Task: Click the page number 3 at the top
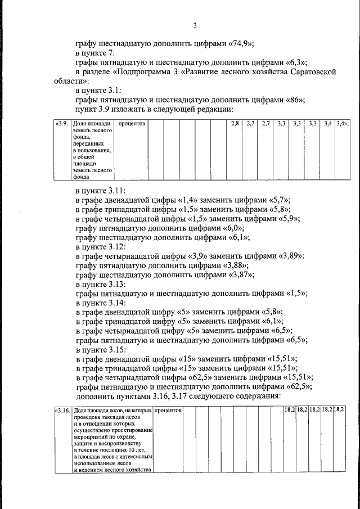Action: tap(195, 25)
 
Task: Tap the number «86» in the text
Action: tap(294, 100)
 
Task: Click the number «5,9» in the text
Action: tap(286, 218)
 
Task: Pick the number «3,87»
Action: tap(240, 275)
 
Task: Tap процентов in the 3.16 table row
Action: tap(167, 411)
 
